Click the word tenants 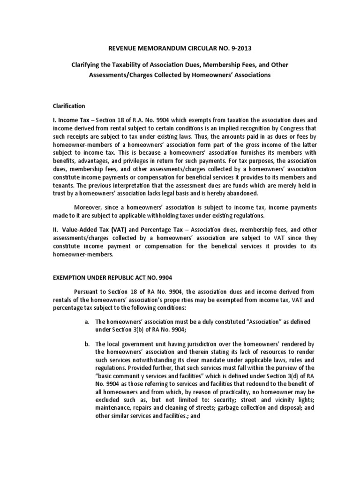click(x=67, y=186)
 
